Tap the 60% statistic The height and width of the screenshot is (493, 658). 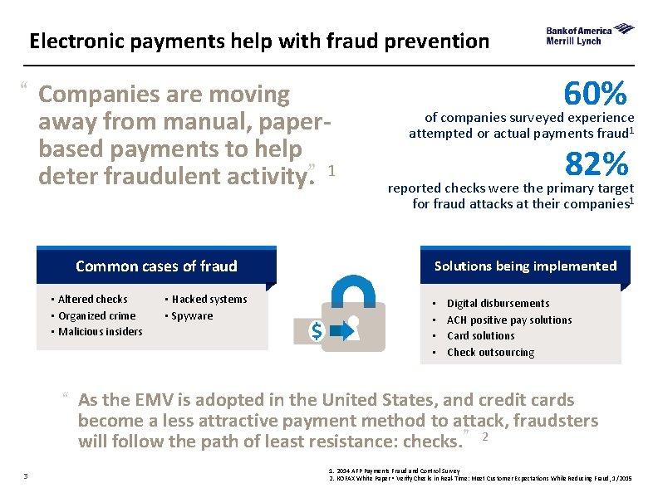[594, 94]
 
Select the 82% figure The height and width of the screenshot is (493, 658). [596, 164]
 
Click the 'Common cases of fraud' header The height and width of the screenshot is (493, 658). [156, 266]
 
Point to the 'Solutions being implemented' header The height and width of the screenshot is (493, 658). [525, 266]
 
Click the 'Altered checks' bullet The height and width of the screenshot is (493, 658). [92, 299]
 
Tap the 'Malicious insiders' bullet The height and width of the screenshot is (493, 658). [100, 331]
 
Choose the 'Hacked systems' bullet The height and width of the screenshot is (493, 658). [209, 299]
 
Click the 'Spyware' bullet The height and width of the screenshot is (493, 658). [192, 315]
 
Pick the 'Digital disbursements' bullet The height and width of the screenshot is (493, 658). [498, 303]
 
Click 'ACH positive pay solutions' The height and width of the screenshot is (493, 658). [509, 320]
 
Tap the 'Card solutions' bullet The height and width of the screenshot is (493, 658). [480, 335]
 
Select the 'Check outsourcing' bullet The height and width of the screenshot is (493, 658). [490, 352]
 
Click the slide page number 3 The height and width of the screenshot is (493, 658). [27, 476]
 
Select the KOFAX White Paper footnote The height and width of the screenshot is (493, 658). [482, 479]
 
